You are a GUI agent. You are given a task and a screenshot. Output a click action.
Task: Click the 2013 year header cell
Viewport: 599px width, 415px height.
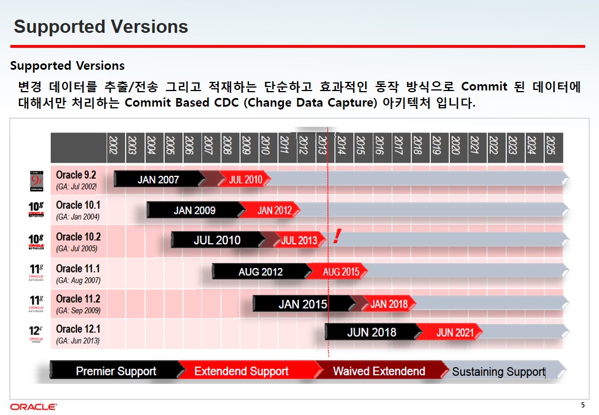tap(322, 148)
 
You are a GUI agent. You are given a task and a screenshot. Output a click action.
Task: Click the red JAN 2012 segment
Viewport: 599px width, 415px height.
tap(271, 210)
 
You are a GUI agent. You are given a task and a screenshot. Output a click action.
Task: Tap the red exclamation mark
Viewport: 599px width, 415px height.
tap(336, 236)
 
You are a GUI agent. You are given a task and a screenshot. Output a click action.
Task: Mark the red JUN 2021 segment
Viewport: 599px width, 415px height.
tap(450, 332)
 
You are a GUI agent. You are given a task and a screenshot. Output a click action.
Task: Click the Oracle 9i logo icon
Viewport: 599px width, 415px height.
tap(37, 181)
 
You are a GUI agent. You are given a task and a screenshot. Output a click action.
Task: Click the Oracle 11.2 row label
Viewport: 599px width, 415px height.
tap(78, 304)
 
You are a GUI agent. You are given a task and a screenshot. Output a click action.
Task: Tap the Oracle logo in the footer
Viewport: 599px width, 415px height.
tap(33, 406)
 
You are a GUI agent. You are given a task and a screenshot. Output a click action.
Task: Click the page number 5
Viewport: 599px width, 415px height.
tap(582, 405)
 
